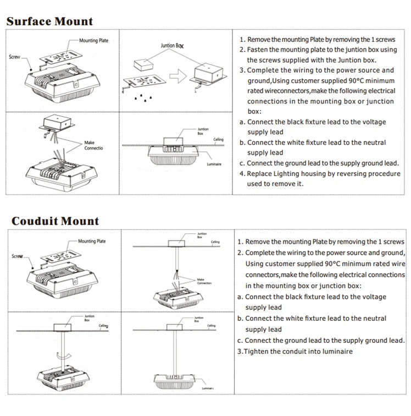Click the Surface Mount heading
click(49, 21)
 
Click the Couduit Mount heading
click(55, 221)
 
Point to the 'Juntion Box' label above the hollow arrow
click(172, 46)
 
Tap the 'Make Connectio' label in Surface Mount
click(93, 145)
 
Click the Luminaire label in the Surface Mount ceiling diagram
click(214, 165)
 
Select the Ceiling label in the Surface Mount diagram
click(218, 140)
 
